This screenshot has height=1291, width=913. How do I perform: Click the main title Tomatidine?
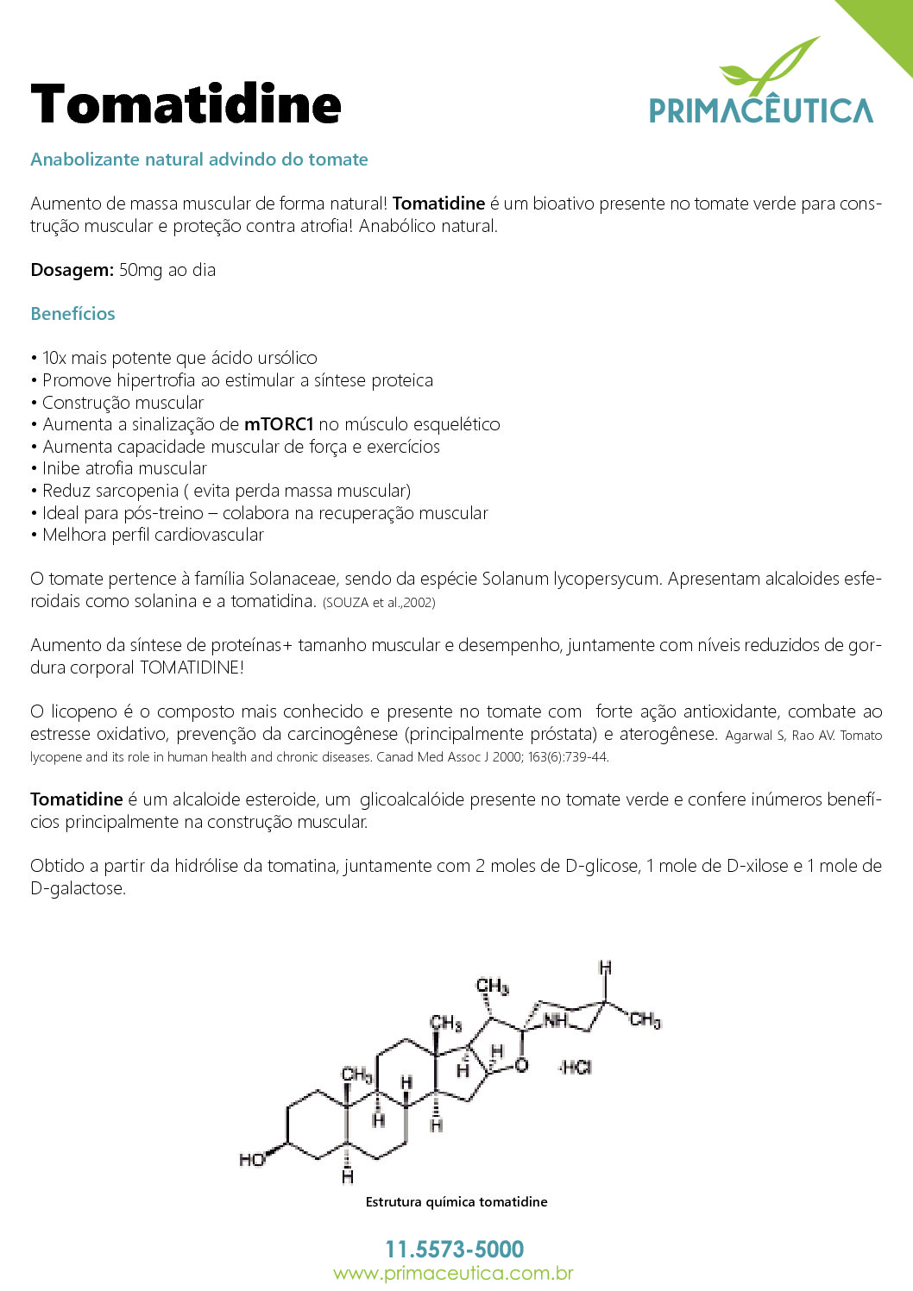(186, 105)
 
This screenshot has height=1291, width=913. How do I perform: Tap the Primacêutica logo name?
(760, 111)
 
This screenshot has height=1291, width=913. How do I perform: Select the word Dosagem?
(72, 270)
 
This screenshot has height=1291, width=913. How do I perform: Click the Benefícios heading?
(72, 314)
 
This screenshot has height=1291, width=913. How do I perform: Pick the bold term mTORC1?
(279, 424)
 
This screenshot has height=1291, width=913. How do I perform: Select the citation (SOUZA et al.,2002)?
(379, 603)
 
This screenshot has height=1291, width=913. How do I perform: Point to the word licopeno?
(84, 711)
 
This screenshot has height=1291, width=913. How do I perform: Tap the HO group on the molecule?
(251, 1160)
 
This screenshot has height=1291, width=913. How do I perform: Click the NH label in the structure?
(555, 1020)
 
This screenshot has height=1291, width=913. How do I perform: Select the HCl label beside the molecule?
(576, 1068)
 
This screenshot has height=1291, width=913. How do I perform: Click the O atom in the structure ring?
(521, 1066)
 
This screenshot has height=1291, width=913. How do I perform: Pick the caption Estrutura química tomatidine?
(456, 1202)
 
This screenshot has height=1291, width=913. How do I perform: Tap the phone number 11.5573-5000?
(455, 1249)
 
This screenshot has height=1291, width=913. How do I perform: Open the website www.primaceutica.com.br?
(454, 1273)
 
